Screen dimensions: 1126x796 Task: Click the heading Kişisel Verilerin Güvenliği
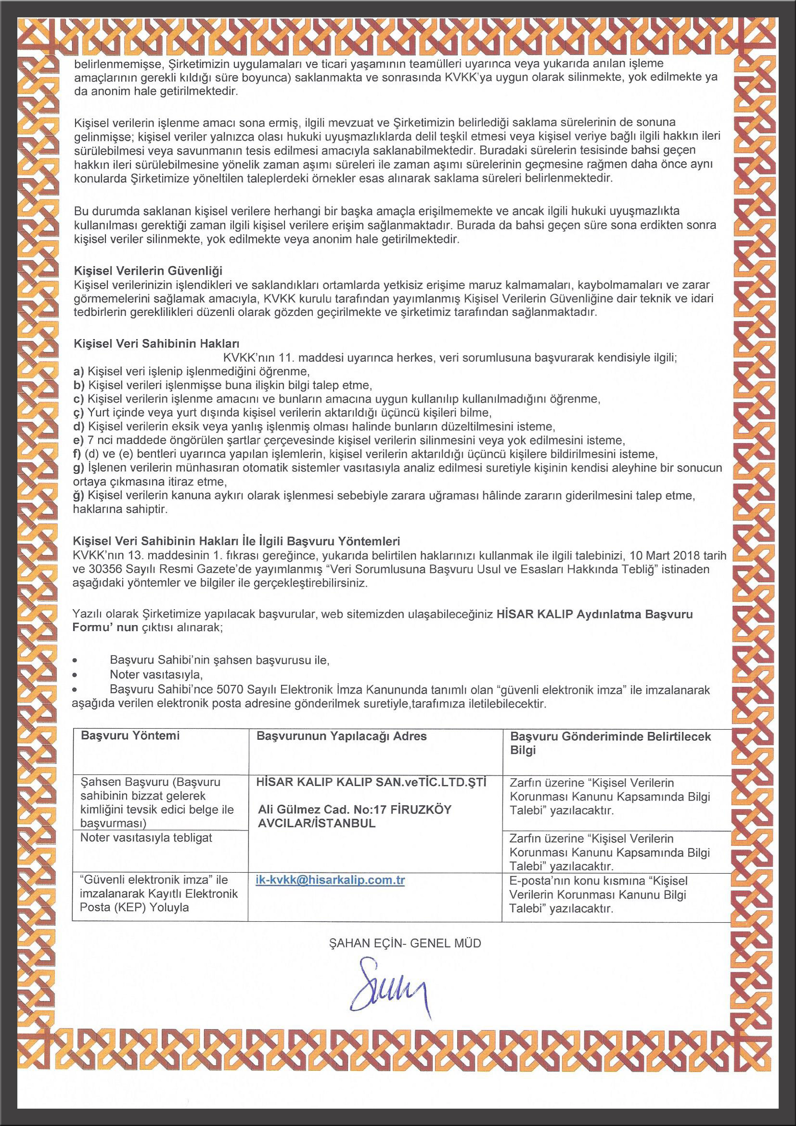(148, 271)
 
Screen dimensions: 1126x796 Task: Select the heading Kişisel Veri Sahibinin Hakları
(156, 343)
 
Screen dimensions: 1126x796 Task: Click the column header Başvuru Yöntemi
(130, 736)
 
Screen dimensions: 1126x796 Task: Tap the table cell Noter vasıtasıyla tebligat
(146, 838)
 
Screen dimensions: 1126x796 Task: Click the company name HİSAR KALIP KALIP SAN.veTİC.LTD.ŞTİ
(371, 783)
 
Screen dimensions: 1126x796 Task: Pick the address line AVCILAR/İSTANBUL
(317, 824)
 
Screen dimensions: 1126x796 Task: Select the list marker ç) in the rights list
(78, 413)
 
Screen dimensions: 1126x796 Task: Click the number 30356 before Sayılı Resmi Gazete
(104, 569)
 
